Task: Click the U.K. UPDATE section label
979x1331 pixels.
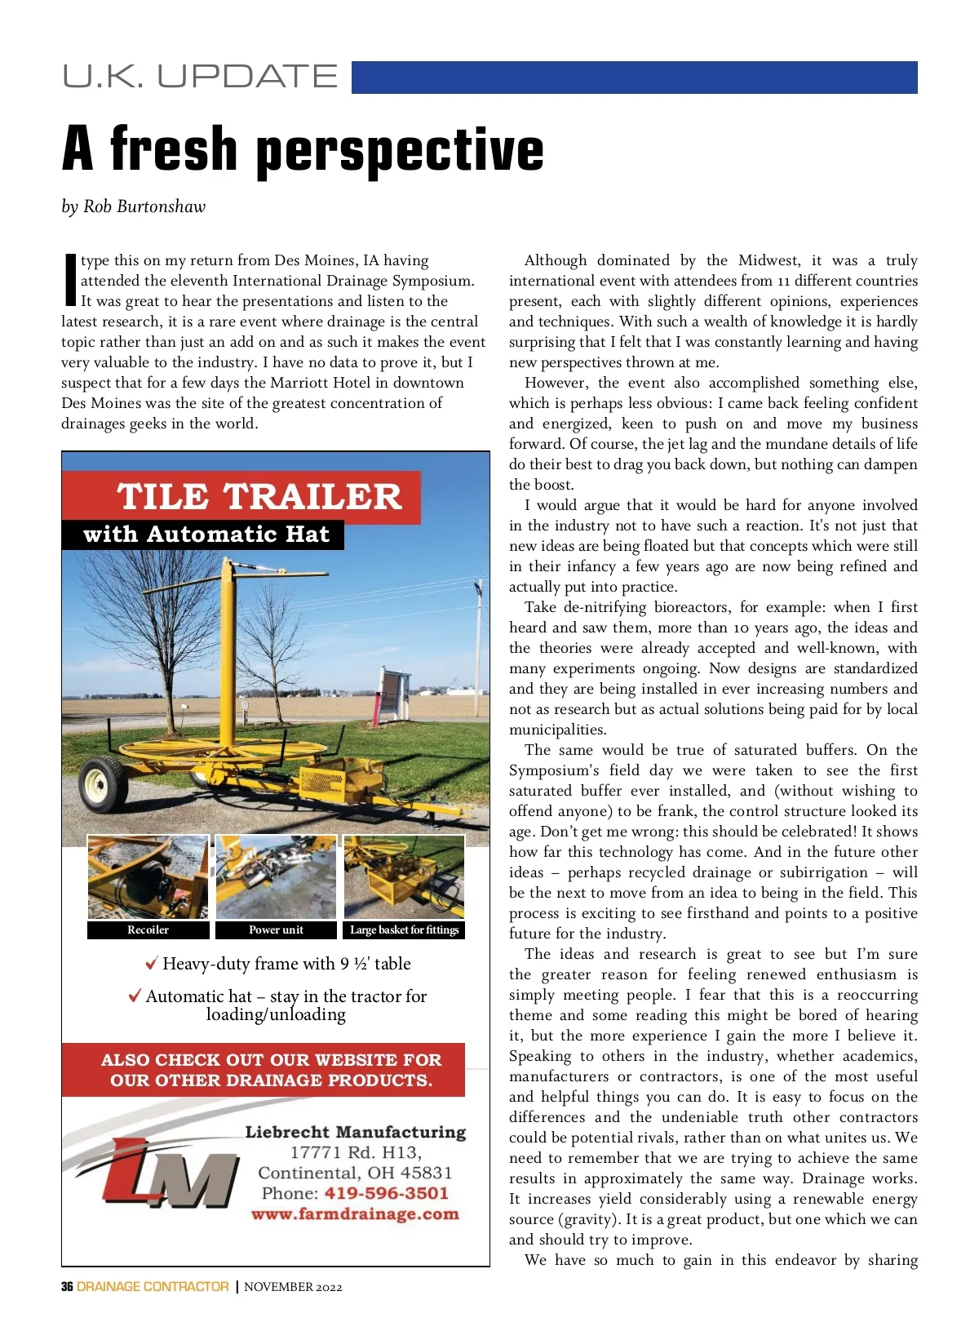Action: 200,77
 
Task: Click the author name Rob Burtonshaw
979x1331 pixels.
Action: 144,206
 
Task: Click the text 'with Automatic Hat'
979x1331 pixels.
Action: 206,535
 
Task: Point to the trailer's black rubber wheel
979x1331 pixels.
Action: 104,783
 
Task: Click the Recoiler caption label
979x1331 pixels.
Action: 148,929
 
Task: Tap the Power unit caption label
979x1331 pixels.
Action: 276,929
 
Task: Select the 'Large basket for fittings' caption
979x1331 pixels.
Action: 405,929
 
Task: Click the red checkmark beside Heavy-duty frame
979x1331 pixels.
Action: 151,964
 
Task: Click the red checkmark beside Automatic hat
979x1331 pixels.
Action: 135,996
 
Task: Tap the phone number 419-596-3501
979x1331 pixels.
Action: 387,1193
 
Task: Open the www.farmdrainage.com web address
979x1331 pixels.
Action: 355,1213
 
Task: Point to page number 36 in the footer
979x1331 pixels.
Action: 67,1287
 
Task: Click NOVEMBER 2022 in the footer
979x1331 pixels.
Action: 293,1287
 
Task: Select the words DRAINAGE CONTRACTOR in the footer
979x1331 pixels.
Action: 153,1287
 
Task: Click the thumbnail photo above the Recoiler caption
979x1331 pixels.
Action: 148,877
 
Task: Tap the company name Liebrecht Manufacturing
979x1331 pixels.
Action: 356,1132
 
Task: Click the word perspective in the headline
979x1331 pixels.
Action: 400,151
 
